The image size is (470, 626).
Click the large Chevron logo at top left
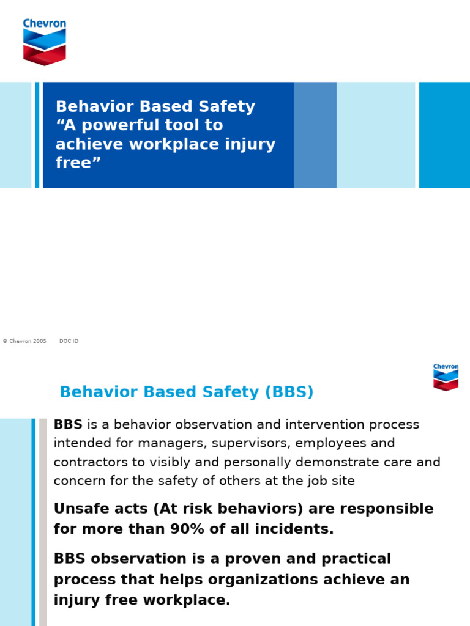(x=44, y=42)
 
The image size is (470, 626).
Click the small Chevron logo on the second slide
(x=446, y=377)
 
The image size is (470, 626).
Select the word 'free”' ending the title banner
(x=78, y=163)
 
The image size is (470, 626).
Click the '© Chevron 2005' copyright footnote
(x=24, y=341)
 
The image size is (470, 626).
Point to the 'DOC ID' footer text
(x=69, y=341)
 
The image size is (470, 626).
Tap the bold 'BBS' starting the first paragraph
(x=68, y=424)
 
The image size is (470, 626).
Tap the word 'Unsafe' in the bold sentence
(x=78, y=509)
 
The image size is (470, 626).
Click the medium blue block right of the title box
(x=315, y=134)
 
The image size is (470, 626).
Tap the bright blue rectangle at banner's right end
(x=444, y=134)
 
